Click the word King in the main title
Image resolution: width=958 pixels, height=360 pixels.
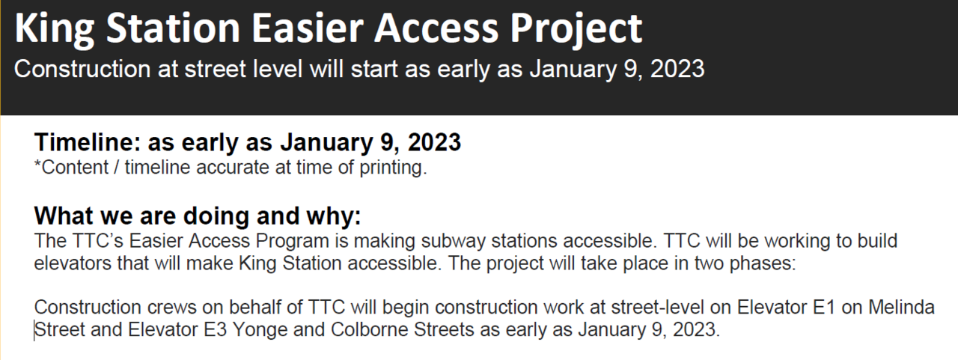(55, 28)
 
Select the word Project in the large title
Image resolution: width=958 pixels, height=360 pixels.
(576, 30)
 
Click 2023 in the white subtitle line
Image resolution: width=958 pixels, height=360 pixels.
(677, 69)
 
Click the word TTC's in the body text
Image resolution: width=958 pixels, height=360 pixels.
(97, 241)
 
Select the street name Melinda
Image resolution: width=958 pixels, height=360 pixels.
(901, 307)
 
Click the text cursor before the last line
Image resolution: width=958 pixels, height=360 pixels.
(34, 331)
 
